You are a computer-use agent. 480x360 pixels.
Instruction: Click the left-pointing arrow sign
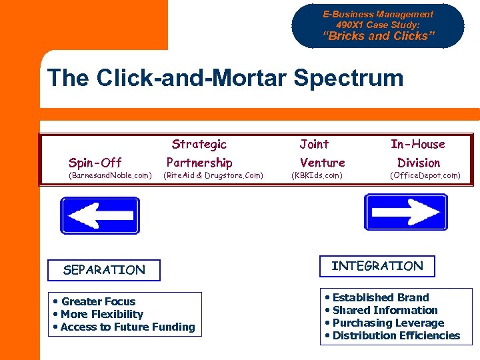100,215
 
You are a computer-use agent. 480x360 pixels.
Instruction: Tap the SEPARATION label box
104,270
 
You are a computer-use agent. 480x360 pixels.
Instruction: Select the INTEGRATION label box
377,266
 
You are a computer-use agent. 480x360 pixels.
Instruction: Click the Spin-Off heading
95,163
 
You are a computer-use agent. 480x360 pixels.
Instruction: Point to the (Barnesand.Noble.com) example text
110,176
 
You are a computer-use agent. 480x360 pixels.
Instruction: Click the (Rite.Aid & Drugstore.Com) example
213,176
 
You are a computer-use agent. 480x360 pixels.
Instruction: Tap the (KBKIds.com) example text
317,176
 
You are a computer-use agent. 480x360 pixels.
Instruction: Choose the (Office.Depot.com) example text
425,176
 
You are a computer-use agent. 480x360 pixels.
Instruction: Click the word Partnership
199,163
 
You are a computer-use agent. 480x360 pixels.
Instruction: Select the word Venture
322,163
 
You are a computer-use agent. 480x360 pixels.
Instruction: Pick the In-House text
418,144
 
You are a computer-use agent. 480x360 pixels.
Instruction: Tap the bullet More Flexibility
101,315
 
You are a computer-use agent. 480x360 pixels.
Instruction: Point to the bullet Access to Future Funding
127,327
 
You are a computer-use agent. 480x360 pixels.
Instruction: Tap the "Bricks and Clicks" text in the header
378,37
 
